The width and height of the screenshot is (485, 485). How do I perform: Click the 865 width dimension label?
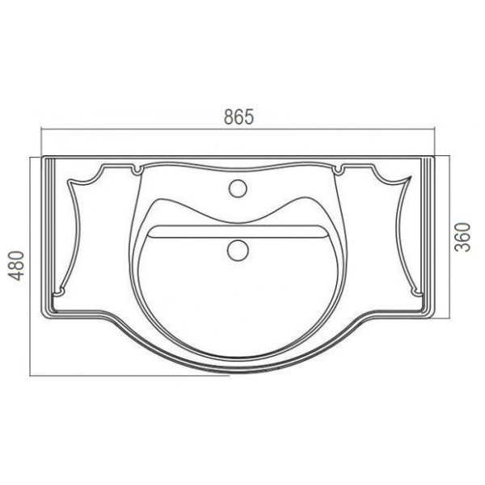(x=238, y=116)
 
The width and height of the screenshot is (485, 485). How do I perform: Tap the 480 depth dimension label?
(x=16, y=266)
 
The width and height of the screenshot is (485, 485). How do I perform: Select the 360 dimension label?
(x=462, y=237)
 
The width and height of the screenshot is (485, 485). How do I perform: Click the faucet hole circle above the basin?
(x=238, y=188)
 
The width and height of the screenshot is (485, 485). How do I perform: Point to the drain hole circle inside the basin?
(x=238, y=250)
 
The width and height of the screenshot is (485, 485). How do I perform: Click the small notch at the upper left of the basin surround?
(x=137, y=170)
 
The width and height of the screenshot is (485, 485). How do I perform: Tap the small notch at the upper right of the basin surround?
(x=339, y=170)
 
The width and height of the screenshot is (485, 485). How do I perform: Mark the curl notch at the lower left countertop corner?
(x=59, y=291)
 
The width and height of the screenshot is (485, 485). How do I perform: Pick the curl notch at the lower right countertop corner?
(x=416, y=291)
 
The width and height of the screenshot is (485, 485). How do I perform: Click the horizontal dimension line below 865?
(x=238, y=129)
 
